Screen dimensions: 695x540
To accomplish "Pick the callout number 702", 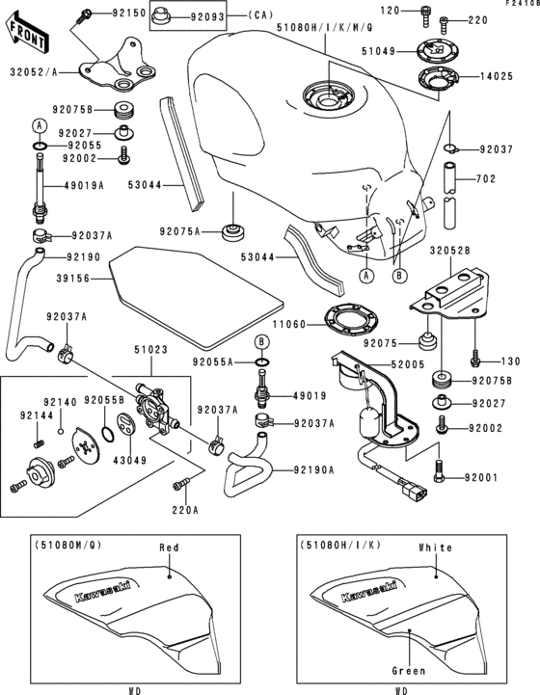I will [x=487, y=179].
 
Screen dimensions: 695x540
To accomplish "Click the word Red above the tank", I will [x=170, y=547].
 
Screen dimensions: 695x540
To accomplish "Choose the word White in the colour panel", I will [x=435, y=547].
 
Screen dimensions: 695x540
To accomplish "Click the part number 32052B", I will [x=449, y=249].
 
